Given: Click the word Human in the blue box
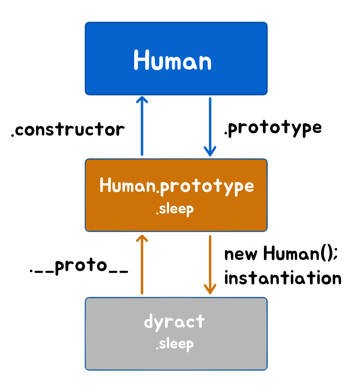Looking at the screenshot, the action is coord(173,61).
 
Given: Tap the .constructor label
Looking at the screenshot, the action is coord(68,130).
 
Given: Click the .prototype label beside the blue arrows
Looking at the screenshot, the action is coord(273,128).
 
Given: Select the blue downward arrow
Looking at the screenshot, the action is coord(210,126).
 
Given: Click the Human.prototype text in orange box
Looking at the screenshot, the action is coord(177,186).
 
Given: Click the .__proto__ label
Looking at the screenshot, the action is coord(79,267).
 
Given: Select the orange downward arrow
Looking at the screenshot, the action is coord(210,263).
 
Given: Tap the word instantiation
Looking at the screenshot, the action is coord(283,278).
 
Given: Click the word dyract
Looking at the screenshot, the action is coord(174,322).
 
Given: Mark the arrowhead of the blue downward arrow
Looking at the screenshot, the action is coord(210,152).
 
